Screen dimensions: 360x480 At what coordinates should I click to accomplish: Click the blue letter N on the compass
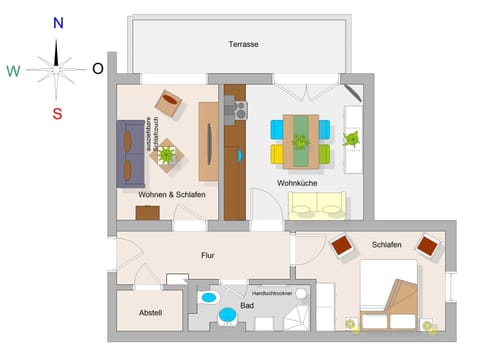(x=58, y=22)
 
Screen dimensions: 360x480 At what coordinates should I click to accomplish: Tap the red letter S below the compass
(x=57, y=113)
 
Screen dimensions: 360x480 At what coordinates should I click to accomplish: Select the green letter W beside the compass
(x=13, y=70)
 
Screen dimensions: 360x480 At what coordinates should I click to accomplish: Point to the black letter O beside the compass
(x=98, y=68)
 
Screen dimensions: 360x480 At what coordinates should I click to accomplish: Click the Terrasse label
(x=243, y=45)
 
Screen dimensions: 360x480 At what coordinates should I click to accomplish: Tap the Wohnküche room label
(x=297, y=183)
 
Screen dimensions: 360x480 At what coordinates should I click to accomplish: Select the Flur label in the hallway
(x=208, y=256)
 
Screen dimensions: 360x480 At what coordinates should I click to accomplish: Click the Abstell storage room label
(x=150, y=312)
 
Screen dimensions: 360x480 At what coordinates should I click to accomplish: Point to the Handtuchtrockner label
(x=271, y=293)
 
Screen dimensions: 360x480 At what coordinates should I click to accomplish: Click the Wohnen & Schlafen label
(x=172, y=194)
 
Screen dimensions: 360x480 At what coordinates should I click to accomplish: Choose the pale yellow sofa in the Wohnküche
(x=317, y=205)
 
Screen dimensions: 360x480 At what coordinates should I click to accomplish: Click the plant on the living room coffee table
(x=166, y=154)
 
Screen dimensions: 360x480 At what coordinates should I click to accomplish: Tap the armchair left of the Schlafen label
(x=342, y=244)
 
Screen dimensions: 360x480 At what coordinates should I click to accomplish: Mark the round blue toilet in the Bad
(x=228, y=316)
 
